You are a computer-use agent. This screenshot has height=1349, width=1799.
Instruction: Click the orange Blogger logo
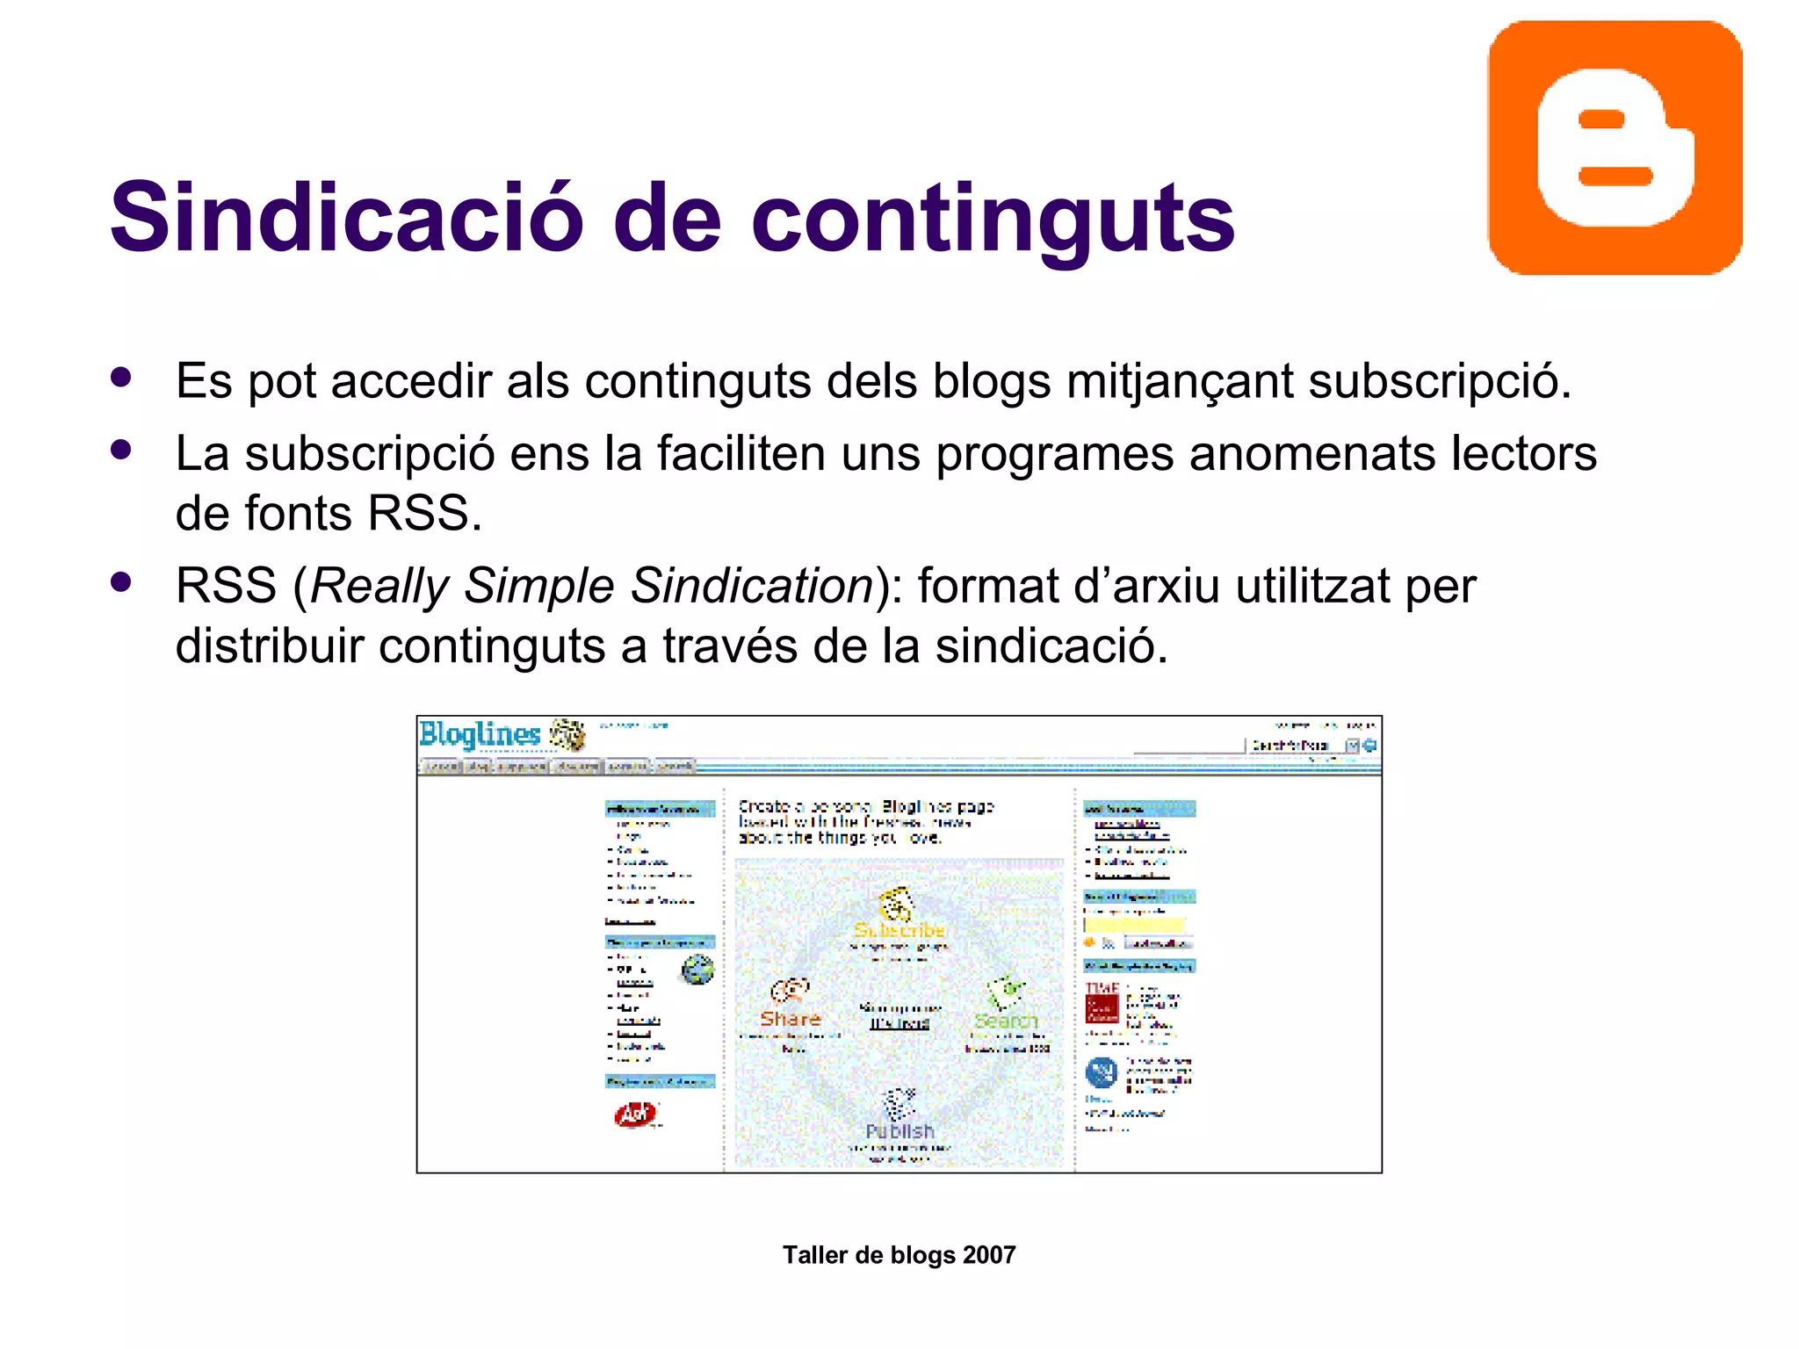pyautogui.click(x=1615, y=148)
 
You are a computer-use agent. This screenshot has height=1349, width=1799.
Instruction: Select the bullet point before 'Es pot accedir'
pyautogui.click(x=121, y=378)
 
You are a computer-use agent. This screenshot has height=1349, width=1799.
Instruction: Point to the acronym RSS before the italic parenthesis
pyautogui.click(x=226, y=586)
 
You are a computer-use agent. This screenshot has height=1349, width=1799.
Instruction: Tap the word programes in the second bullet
pyautogui.click(x=1053, y=455)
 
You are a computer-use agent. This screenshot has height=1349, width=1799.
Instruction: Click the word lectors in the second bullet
pyautogui.click(x=1522, y=454)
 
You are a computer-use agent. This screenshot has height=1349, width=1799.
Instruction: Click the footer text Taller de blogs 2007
pyautogui.click(x=899, y=1255)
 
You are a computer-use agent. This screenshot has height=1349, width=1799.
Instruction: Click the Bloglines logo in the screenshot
pyautogui.click(x=480, y=734)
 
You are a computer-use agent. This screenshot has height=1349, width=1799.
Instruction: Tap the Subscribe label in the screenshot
pyautogui.click(x=899, y=930)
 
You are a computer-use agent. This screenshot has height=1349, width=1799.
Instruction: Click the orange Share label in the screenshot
pyautogui.click(x=790, y=1019)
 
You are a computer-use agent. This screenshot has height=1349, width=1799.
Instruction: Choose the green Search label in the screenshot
pyautogui.click(x=1006, y=1021)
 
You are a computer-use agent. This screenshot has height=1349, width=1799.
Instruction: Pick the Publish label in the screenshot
pyautogui.click(x=899, y=1131)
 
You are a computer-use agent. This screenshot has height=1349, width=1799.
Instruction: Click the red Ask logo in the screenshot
pyautogui.click(x=635, y=1115)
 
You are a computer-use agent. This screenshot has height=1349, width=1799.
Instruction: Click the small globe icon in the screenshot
pyautogui.click(x=697, y=970)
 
